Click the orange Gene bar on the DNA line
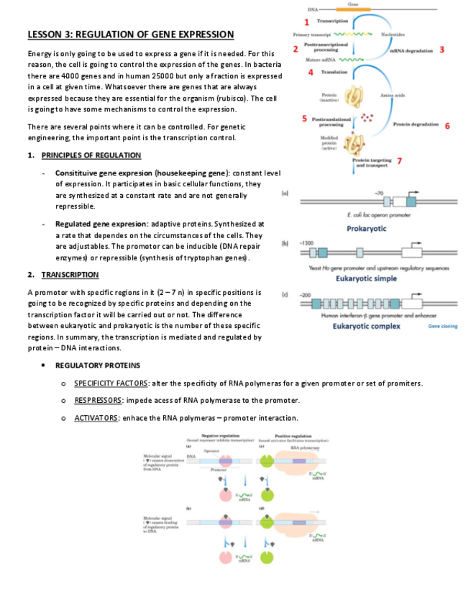(352, 9)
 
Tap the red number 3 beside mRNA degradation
(441, 50)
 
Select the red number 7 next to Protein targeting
(399, 160)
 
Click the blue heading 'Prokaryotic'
(367, 229)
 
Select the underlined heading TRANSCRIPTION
(70, 275)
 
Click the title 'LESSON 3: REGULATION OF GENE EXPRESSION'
(130, 35)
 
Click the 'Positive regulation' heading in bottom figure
(293, 437)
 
